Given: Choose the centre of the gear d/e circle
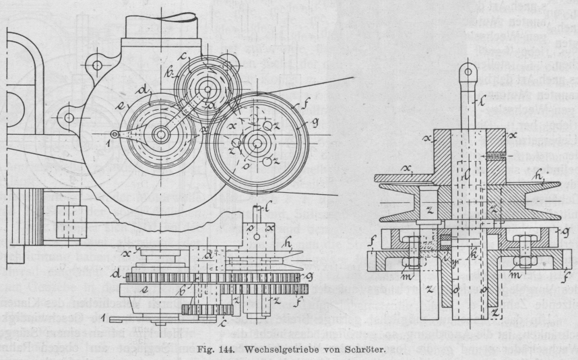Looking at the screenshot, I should (x=160, y=134).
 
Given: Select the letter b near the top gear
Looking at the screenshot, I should (x=172, y=72).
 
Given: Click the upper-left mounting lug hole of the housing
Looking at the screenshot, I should (x=98, y=67).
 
